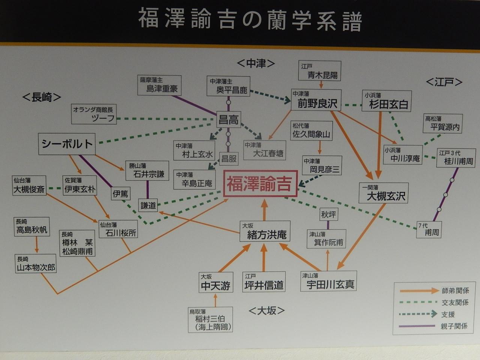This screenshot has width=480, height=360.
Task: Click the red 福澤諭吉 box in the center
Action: (x=261, y=184)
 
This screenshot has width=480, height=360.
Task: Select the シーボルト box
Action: (x=67, y=144)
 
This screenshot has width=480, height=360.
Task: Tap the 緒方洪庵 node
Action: (x=265, y=231)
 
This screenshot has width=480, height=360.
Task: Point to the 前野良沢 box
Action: (x=316, y=100)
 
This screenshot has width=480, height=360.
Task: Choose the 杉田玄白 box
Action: (x=387, y=101)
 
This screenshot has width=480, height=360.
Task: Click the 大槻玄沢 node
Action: (x=384, y=193)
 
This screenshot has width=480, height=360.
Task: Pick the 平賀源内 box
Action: (x=442, y=123)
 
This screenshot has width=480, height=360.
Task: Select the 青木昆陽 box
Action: (x=320, y=71)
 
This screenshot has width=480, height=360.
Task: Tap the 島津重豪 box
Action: (x=159, y=85)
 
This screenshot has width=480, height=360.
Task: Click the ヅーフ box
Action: (x=94, y=114)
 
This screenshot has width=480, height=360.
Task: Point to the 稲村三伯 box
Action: (x=210, y=319)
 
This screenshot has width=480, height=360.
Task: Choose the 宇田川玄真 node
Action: (x=328, y=281)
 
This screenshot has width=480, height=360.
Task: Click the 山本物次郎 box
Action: (x=36, y=263)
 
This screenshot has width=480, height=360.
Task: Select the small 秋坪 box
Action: (x=328, y=214)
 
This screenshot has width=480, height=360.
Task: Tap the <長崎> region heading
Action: (x=42, y=97)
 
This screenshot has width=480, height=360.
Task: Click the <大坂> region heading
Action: (x=267, y=310)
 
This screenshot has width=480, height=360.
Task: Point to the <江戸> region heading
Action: (x=444, y=82)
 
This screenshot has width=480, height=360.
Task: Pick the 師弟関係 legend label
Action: (x=455, y=291)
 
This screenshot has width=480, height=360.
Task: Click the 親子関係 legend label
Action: (x=454, y=326)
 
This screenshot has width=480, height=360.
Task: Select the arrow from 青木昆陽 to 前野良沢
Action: (x=321, y=85)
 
